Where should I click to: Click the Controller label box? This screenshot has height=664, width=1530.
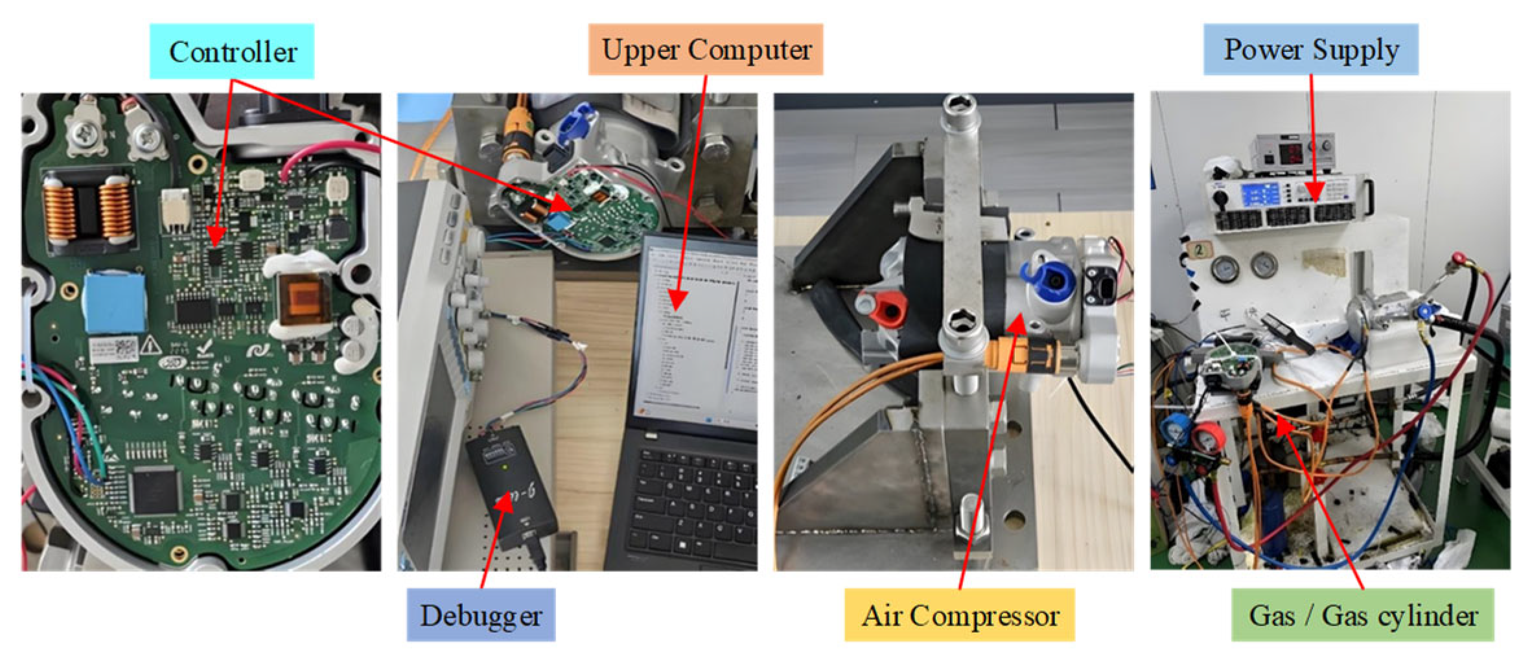232,52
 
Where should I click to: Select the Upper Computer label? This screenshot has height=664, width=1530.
706,50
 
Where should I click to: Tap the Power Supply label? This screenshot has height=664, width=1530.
1310,50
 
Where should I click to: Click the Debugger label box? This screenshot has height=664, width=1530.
480,615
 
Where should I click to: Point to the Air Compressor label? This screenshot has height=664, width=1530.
959,615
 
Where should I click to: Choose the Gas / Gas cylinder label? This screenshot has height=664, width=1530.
1362,615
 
